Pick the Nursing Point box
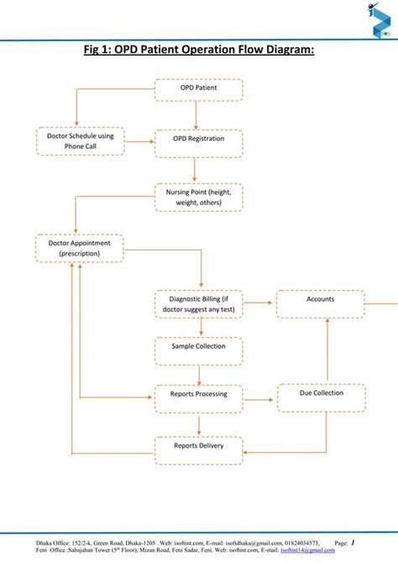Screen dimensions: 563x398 pyautogui.click(x=198, y=198)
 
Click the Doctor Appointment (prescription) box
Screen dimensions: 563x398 pyautogui.click(x=80, y=249)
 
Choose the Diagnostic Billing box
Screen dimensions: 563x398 pyautogui.click(x=198, y=304)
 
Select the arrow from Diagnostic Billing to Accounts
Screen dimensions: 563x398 pyautogui.click(x=259, y=300)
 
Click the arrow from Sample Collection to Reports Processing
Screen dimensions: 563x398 pyautogui.click(x=198, y=375)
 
